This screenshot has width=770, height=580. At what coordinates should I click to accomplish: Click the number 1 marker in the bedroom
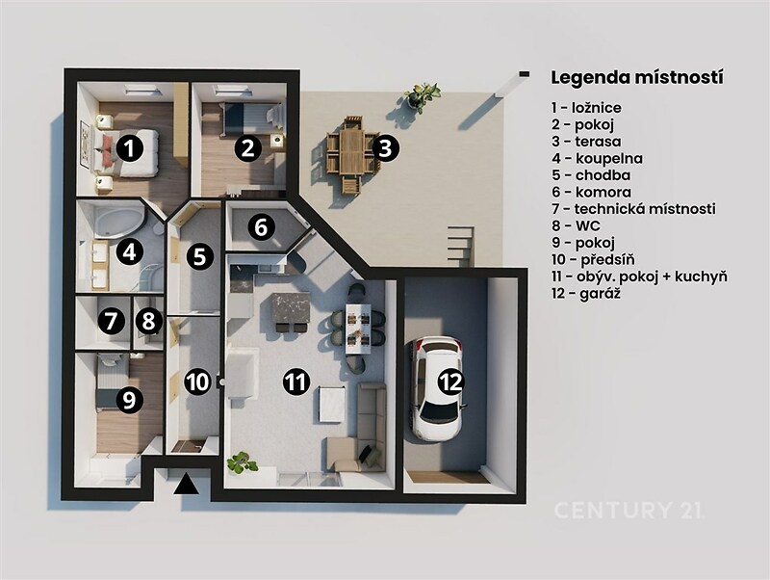click(x=128, y=148)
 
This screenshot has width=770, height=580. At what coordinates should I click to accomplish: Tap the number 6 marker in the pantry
click(x=261, y=227)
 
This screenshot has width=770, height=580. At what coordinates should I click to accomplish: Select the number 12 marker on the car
click(x=451, y=382)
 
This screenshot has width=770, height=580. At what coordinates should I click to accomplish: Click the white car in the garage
click(x=438, y=387)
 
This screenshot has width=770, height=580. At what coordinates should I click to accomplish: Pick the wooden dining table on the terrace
click(x=351, y=149)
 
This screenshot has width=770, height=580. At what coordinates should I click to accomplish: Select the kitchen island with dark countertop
click(x=291, y=308)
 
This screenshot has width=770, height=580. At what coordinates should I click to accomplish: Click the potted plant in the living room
click(x=243, y=462)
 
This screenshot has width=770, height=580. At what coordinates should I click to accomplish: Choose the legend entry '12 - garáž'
click(x=585, y=294)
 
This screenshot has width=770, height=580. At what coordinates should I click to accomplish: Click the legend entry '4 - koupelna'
click(x=597, y=159)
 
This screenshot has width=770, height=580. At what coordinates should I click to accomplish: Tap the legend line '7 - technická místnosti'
click(x=633, y=209)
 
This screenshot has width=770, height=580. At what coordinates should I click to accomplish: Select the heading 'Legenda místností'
click(x=637, y=78)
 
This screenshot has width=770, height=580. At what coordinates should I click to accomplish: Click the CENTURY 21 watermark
click(x=628, y=511)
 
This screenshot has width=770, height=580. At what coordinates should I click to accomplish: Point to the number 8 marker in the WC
click(x=148, y=322)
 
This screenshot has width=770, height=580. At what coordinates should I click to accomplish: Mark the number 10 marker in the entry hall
click(x=198, y=382)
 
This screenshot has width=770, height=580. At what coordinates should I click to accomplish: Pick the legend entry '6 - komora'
click(x=591, y=192)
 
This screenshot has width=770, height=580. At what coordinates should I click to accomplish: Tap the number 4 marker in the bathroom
click(x=130, y=252)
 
